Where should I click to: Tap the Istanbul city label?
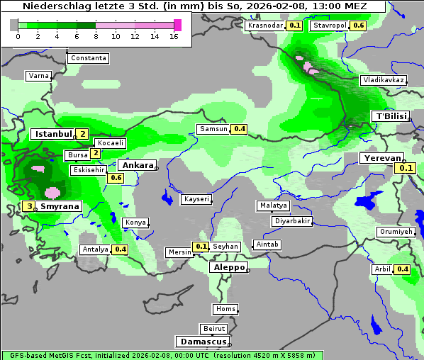point(54,133)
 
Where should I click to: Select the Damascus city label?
point(203,342)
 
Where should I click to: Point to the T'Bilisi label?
point(391,116)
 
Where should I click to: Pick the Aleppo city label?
point(228,267)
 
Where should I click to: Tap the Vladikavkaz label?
point(383,80)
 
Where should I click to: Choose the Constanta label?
point(88,58)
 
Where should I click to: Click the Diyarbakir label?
point(292,221)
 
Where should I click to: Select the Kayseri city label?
point(196,199)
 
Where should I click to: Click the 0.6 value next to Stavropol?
point(359,26)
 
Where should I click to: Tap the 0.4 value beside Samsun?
point(239,129)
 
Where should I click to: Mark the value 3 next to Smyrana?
point(29,206)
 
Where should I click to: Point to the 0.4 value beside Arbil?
point(403,269)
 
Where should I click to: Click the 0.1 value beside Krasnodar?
point(295,26)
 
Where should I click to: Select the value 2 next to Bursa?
point(95,153)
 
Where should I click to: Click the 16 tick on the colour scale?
point(174,35)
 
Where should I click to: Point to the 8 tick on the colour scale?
point(96,35)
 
